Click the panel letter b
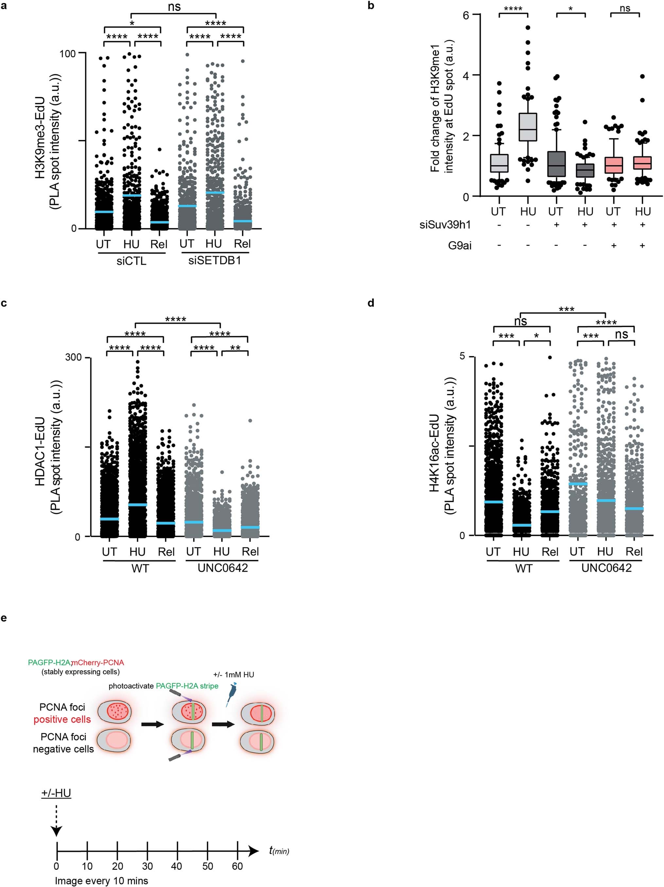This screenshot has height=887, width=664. click(x=371, y=6)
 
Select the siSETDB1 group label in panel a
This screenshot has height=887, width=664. click(x=215, y=261)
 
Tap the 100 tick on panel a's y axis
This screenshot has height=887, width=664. click(x=67, y=53)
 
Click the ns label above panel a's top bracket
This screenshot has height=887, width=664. click(x=174, y=7)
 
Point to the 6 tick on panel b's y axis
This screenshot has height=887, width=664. click(x=466, y=15)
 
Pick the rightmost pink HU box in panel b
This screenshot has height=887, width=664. click(x=642, y=162)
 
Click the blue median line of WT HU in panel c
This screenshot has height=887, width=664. click(x=137, y=505)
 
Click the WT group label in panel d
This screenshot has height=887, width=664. click(x=523, y=568)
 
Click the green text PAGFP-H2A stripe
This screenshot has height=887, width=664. click(x=187, y=686)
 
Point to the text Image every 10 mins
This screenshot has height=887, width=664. click(x=101, y=880)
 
